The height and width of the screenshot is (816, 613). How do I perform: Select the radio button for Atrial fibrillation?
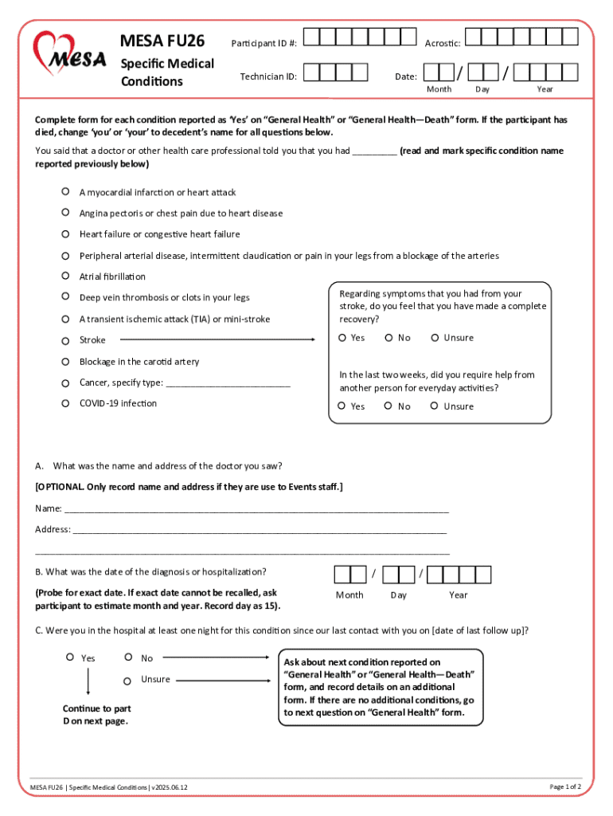click(66, 276)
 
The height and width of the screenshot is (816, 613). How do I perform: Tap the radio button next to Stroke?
click(66, 340)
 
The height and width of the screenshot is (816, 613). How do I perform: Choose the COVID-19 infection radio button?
click(66, 403)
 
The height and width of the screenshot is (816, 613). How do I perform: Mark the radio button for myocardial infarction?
click(66, 192)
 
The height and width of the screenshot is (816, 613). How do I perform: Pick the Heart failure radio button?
click(66, 234)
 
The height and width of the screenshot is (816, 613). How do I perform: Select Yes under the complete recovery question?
click(342, 338)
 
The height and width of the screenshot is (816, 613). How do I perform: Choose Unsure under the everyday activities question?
click(435, 406)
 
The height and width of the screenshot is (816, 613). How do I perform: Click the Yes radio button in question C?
click(70, 658)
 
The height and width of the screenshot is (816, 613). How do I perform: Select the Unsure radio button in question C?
click(127, 680)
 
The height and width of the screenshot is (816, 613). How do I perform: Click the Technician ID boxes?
click(337, 73)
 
